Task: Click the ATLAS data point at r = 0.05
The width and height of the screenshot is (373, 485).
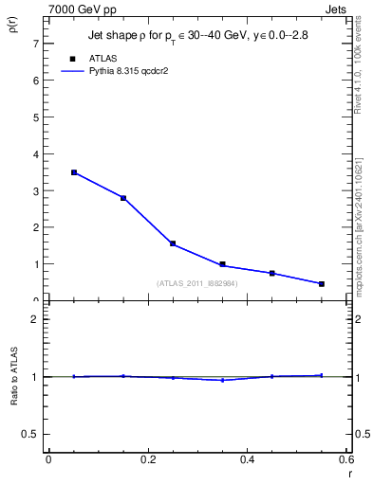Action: (74, 172)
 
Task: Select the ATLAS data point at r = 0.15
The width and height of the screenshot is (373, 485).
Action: (123, 198)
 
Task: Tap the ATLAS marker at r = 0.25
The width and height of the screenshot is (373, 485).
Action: (173, 243)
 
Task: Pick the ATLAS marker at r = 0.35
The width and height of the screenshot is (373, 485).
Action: (222, 264)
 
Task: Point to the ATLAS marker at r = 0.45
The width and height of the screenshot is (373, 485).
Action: (272, 273)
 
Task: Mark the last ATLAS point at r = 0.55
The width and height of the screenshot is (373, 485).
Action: (322, 283)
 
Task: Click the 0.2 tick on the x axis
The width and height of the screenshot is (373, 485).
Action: (147, 459)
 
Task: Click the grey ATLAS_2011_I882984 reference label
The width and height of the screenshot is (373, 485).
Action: (196, 282)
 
